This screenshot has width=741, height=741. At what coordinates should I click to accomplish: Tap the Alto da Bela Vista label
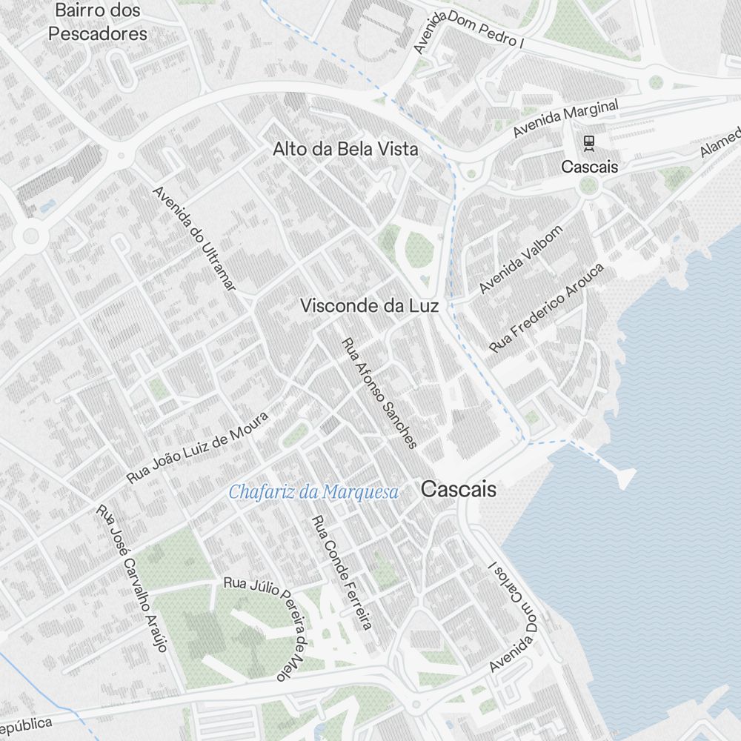tap(345, 149)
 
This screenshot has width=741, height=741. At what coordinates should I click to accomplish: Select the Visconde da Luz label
tap(370, 305)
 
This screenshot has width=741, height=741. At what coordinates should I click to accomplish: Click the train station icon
tap(589, 142)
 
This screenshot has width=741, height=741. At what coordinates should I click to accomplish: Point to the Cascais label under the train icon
tap(589, 167)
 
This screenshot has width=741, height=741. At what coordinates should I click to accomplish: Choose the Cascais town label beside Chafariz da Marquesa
tap(459, 490)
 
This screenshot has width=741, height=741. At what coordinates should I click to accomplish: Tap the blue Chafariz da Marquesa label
tap(313, 491)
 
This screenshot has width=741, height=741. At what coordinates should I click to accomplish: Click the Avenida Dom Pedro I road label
tap(468, 33)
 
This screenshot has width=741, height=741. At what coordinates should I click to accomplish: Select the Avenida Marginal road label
tap(566, 119)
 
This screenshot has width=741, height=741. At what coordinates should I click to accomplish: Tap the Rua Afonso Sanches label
tap(379, 393)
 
